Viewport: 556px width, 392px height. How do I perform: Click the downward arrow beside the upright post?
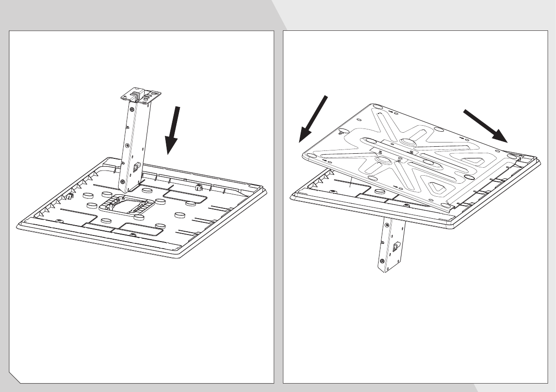point(173,131)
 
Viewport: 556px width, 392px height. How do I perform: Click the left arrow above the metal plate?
point(313,119)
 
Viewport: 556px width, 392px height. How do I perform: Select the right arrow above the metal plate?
point(486,125)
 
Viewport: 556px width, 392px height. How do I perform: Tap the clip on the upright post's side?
point(137,167)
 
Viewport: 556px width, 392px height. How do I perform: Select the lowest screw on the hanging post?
point(382,260)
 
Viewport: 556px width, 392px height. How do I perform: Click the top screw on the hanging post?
point(387,226)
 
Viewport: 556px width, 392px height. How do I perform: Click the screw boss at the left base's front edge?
point(133,234)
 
